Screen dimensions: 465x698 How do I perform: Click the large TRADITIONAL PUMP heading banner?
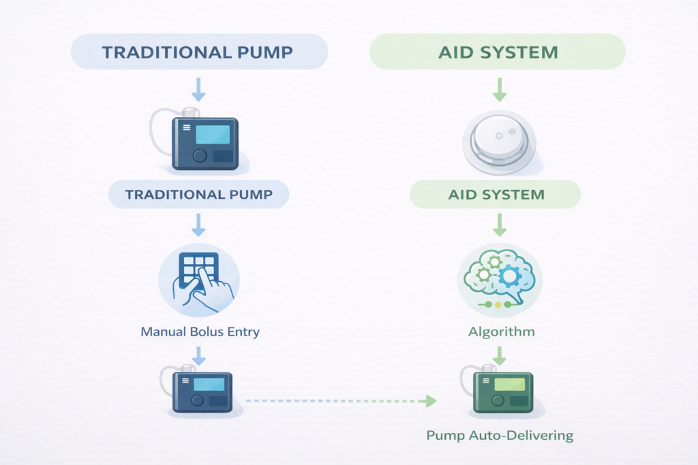click(199, 52)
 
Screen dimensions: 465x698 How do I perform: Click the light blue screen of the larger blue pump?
click(212, 134)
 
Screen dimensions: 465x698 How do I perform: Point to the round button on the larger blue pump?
click(199, 155)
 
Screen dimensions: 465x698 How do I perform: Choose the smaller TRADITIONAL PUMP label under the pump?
click(199, 195)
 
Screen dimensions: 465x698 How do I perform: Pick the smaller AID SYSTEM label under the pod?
click(496, 195)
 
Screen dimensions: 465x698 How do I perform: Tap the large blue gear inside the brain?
click(509, 275)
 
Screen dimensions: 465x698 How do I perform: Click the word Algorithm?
click(501, 332)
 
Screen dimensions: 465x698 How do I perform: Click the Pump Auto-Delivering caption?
click(500, 434)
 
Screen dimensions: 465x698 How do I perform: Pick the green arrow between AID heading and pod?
click(498, 89)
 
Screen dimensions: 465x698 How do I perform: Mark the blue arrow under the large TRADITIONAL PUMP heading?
click(198, 89)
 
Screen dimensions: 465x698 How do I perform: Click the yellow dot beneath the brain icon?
click(497, 305)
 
